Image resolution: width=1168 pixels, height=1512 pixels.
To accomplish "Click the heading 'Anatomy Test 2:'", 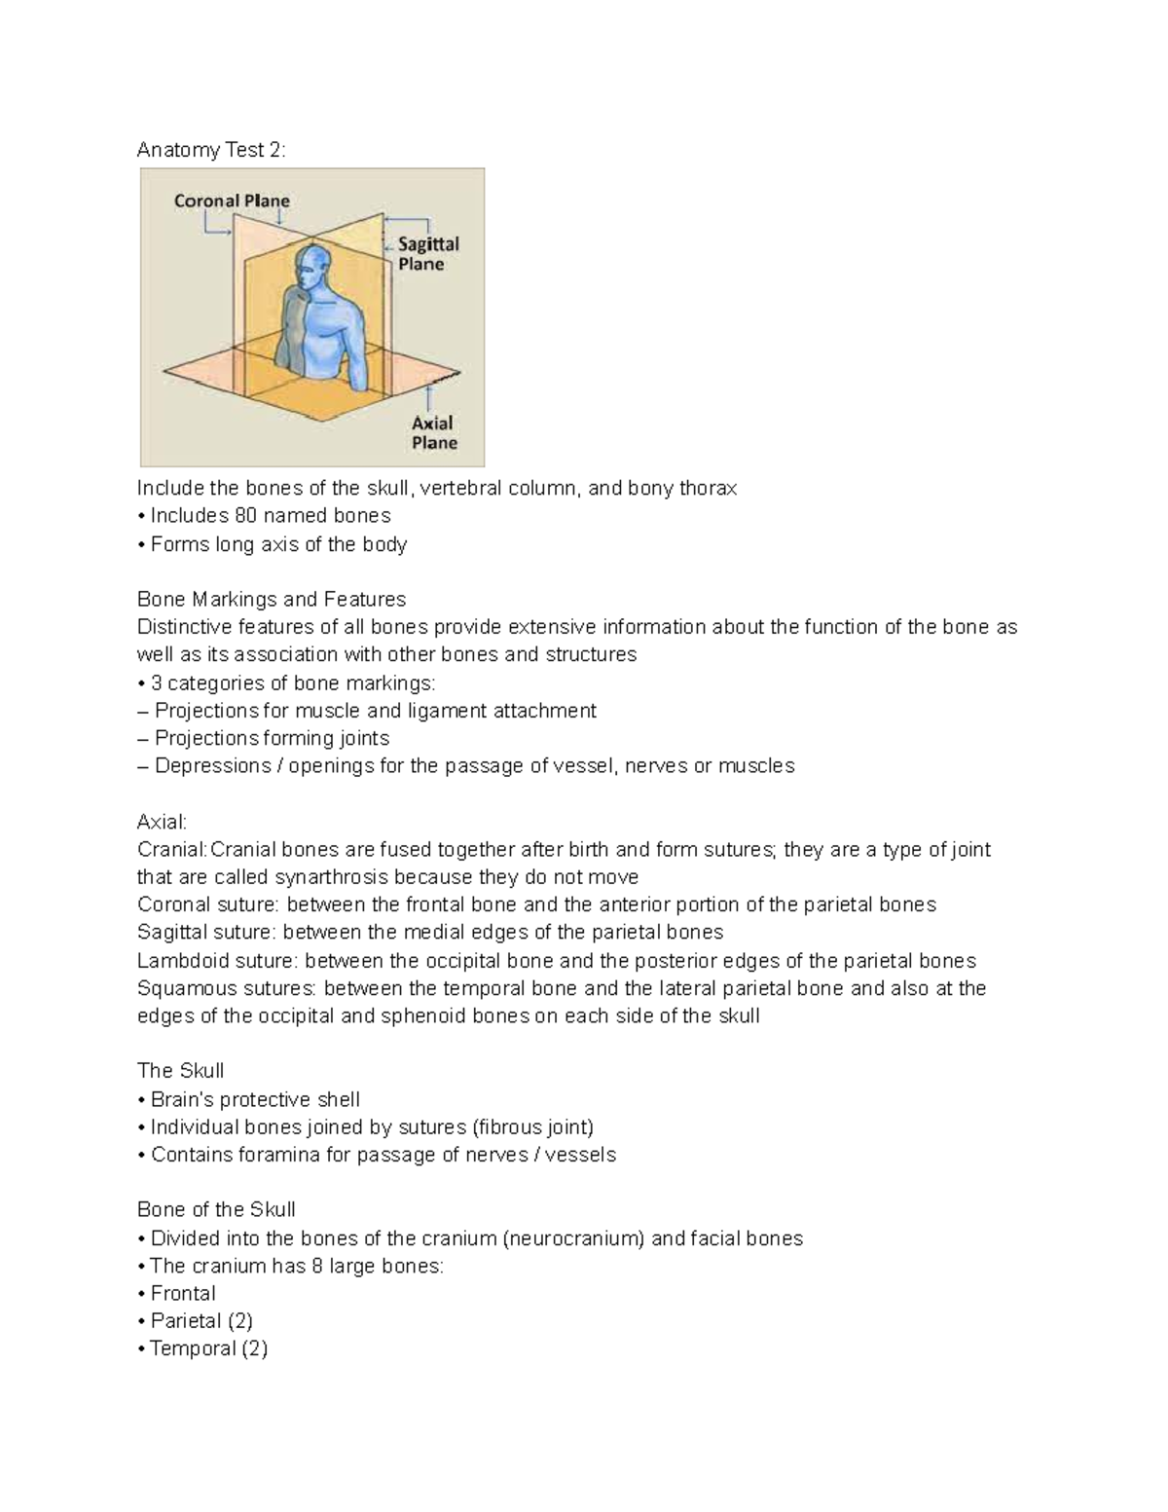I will (x=212, y=150).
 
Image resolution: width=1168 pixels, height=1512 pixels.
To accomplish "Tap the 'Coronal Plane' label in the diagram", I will (x=232, y=201).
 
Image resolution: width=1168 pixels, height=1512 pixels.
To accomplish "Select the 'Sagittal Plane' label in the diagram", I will (x=427, y=253).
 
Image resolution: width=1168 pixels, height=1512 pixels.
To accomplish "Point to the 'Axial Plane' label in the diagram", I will (x=433, y=432).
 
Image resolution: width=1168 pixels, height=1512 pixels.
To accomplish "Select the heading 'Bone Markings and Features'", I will (x=272, y=600).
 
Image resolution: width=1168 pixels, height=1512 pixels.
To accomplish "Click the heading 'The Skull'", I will (x=180, y=1071).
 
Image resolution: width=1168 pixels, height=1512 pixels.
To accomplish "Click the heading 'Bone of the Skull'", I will (x=216, y=1210).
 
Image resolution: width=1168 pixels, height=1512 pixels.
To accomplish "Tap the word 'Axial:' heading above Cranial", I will (x=162, y=822).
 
